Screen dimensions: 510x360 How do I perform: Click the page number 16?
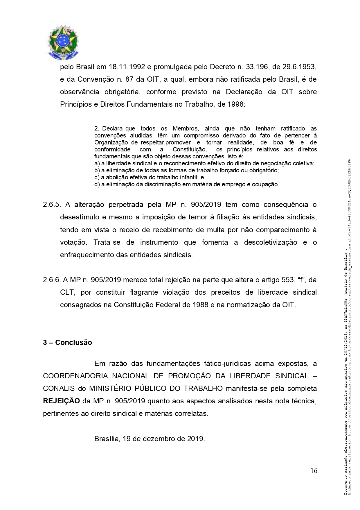[x=314, y=470]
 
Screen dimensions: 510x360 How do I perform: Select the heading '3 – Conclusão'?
[x=67, y=342]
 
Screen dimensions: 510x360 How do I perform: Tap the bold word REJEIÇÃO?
[x=61, y=401]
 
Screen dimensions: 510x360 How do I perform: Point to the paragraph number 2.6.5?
[x=52, y=205]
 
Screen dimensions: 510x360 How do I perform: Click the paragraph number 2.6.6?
[x=52, y=280]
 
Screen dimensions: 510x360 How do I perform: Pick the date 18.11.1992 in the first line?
[x=127, y=67]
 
